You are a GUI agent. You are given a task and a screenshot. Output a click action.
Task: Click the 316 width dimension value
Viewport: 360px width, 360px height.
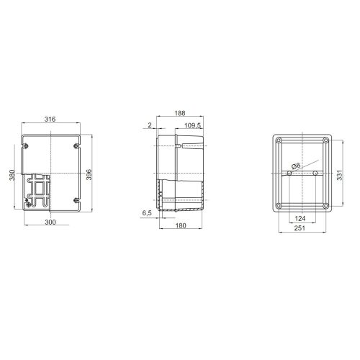click(x=50, y=119)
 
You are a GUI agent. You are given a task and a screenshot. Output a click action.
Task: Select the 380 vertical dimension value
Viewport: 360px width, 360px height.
click(x=12, y=175)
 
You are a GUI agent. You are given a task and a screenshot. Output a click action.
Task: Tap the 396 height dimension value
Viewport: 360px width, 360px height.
click(x=89, y=174)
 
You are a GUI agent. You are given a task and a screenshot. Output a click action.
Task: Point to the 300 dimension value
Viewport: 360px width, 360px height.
click(x=50, y=222)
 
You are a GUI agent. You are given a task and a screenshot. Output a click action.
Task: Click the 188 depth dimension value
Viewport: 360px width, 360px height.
click(x=180, y=113)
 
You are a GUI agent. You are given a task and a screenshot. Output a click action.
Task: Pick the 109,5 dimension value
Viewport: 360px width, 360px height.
click(x=192, y=125)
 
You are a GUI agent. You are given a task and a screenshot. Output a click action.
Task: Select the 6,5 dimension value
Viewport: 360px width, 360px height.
click(x=147, y=213)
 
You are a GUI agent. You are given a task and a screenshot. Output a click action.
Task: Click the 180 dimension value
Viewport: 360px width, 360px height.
click(x=181, y=225)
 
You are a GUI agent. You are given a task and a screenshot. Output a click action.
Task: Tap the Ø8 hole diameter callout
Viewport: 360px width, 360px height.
click(x=296, y=166)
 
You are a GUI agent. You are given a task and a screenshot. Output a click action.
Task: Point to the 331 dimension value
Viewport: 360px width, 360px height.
click(x=339, y=175)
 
